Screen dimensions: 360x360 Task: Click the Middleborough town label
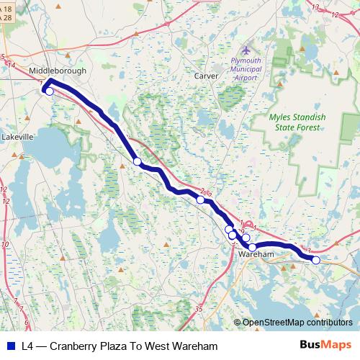[58, 71]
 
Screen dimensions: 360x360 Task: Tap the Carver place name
[206, 75]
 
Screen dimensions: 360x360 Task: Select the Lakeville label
[18, 136]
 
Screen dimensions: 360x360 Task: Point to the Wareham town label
[256, 255]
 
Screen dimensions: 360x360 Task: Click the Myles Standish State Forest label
[297, 122]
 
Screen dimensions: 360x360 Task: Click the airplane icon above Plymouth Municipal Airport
[246, 50]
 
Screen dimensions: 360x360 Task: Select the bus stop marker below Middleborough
[49, 91]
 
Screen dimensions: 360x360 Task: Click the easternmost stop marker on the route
[315, 260]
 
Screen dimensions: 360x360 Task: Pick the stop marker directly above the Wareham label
[252, 247]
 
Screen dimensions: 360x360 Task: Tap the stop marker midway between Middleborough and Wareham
[138, 162]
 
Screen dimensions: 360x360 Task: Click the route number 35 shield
[199, 309]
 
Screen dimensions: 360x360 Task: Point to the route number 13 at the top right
[315, 7]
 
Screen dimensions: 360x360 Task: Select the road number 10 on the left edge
[5, 245]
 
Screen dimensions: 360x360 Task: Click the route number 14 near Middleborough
[11, 65]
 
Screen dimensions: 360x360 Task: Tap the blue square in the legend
[10, 346]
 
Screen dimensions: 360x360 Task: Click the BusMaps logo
[325, 345]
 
